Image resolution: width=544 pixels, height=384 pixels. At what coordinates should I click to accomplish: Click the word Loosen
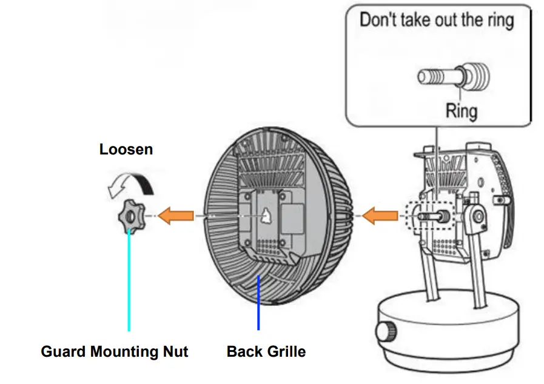[x=126, y=149]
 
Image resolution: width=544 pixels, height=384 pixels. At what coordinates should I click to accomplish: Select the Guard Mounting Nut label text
[x=115, y=351]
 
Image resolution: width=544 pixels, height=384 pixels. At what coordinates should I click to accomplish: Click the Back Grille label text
[x=266, y=351]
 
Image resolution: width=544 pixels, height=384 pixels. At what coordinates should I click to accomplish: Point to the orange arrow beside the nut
[x=176, y=215]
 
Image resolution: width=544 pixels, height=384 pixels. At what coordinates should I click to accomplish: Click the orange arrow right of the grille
[x=378, y=214]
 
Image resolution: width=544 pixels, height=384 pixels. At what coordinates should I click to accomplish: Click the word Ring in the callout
[x=462, y=111]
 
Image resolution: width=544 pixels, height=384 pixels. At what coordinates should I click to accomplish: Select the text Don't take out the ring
[x=437, y=19]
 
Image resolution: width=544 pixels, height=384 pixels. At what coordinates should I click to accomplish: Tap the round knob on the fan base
[x=386, y=331]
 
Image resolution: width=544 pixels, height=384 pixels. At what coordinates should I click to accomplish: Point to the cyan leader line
[x=129, y=285]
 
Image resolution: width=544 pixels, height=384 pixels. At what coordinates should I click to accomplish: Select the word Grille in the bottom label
[x=285, y=351]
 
